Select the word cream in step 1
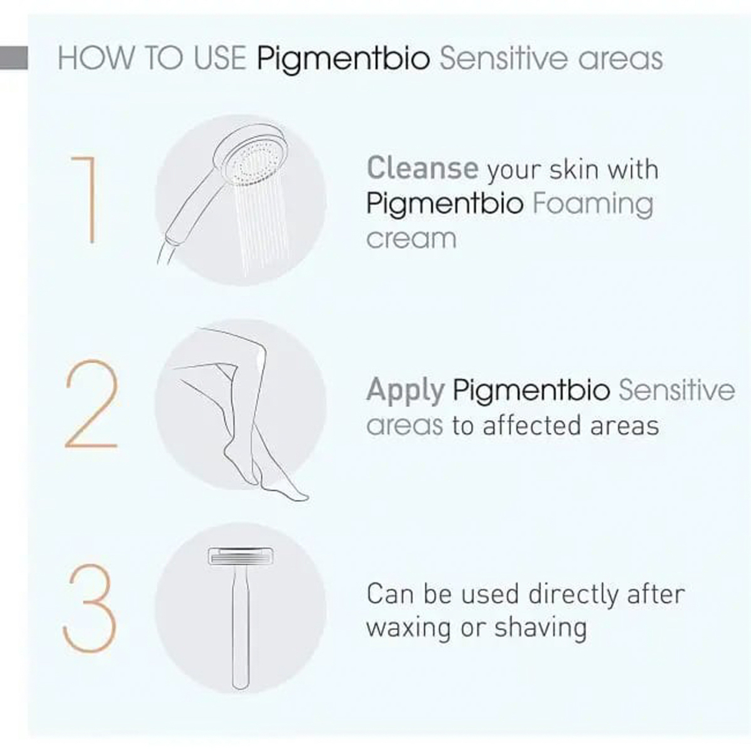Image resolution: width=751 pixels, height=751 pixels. [411, 239]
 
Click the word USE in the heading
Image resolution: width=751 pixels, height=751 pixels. [220, 58]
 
